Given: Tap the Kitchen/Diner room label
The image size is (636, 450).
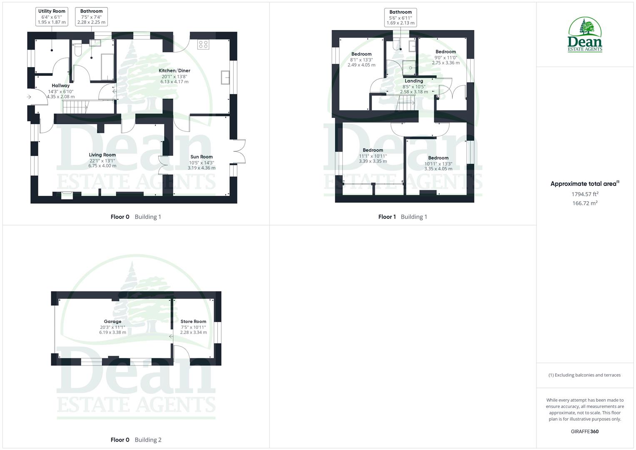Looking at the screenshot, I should click(174, 70).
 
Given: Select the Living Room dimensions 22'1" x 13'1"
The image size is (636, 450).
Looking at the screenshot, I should click(102, 160).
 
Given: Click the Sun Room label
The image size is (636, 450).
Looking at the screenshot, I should click(201, 157).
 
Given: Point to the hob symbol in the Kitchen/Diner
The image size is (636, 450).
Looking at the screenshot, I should click(203, 44).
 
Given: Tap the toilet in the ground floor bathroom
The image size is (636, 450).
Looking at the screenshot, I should click(77, 50).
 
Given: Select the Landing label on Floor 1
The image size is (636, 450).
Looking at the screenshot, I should click(414, 81).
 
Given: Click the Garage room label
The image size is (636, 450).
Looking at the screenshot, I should click(112, 321).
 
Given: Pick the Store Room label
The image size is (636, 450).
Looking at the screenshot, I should click(193, 321).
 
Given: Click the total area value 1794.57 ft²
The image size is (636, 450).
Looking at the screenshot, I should click(585, 194).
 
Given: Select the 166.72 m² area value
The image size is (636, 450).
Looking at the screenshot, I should click(585, 203).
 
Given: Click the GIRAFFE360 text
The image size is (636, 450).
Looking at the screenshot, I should click(584, 431).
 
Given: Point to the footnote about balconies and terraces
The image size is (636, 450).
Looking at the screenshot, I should click(584, 375).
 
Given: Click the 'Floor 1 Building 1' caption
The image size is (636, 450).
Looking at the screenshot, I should click(402, 217).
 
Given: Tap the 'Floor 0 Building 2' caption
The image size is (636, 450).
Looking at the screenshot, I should click(136, 440).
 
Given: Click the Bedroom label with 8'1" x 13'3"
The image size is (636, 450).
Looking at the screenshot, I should click(361, 54).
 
